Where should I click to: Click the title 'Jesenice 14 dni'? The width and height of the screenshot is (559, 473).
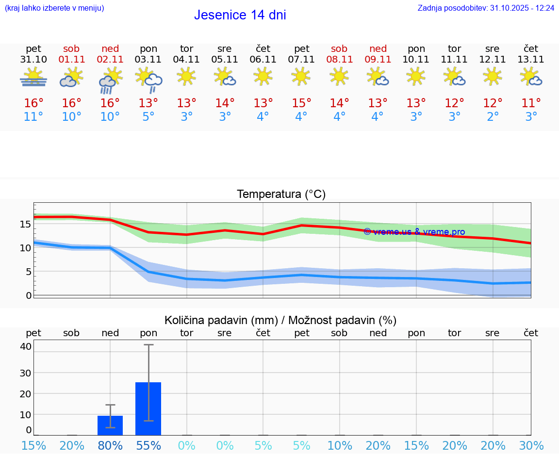[240, 15]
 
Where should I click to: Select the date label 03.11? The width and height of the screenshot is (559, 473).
[148, 59]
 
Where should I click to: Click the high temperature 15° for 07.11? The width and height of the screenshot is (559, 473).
[301, 103]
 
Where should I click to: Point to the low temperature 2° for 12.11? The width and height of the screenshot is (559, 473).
[493, 116]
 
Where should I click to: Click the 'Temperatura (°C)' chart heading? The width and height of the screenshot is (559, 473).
[281, 194]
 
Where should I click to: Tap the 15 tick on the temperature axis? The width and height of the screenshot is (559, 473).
[25, 224]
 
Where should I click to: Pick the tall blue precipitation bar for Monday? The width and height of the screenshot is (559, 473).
[148, 408]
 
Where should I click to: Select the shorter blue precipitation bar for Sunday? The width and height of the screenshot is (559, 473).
[110, 425]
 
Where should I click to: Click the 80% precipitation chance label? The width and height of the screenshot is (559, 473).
[110, 445]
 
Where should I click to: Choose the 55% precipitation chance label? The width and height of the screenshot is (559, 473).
[148, 445]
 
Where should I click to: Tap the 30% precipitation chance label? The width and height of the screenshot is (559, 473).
[531, 445]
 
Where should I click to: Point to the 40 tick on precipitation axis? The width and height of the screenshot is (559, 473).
[26, 346]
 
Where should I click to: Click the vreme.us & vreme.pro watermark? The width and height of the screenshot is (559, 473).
[414, 232]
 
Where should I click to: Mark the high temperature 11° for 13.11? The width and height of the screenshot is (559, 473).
[531, 103]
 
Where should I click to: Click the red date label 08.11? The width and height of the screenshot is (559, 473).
[339, 59]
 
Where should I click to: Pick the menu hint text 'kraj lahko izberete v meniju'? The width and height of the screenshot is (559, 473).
[54, 8]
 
